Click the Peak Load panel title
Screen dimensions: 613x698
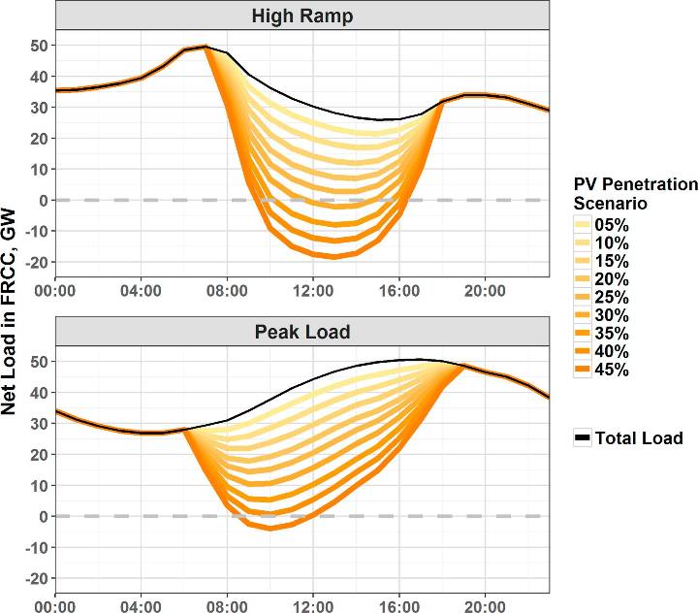(301, 331)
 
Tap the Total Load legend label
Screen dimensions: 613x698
(641, 438)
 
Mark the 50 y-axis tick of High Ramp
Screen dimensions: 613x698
(38, 45)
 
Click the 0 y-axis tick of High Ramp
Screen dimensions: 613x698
(43, 200)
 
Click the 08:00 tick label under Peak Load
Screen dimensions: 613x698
(228, 605)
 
